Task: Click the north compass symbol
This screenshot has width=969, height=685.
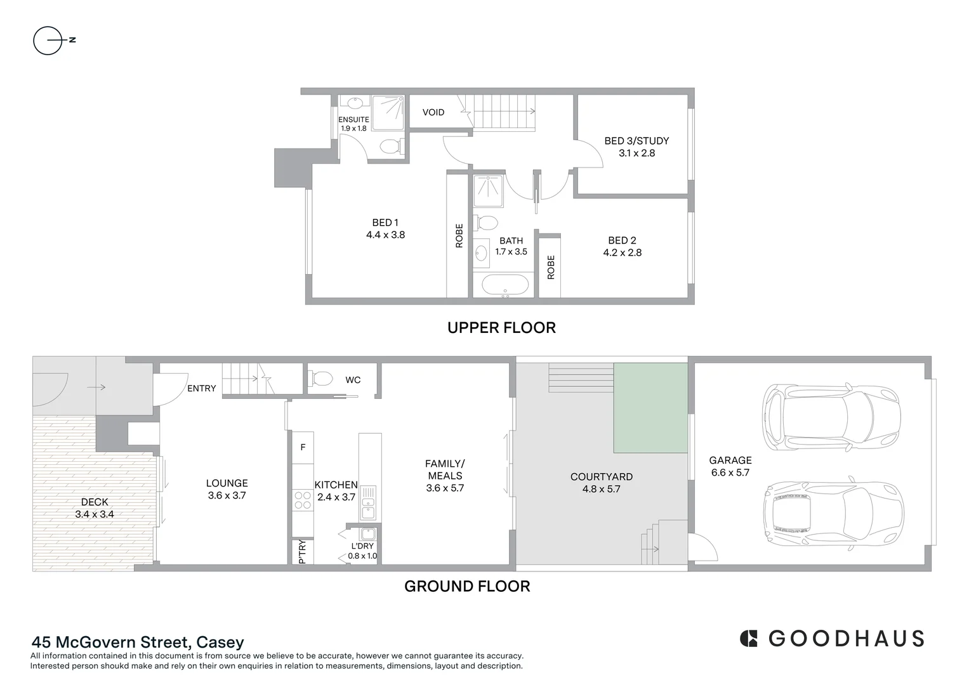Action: click(49, 41)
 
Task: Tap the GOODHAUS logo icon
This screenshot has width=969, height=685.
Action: click(749, 638)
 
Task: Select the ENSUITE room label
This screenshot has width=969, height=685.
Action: click(353, 119)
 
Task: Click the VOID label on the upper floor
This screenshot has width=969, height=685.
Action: click(433, 112)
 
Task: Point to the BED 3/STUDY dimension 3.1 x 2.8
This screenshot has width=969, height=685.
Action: click(636, 153)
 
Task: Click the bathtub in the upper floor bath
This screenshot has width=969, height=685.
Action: click(505, 285)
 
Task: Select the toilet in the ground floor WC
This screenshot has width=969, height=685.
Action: click(321, 379)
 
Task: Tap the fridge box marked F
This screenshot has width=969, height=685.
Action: click(303, 447)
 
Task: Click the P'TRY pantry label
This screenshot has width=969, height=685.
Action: click(302, 551)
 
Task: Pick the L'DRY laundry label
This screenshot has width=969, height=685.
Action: click(362, 546)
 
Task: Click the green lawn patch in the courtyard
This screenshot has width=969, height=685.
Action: click(650, 408)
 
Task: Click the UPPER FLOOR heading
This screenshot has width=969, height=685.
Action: click(501, 328)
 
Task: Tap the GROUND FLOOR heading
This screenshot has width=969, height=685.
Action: click(467, 586)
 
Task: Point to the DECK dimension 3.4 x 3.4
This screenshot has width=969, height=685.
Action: click(95, 514)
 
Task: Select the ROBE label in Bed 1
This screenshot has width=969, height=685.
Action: click(459, 235)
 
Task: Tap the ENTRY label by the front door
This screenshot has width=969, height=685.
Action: click(202, 388)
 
